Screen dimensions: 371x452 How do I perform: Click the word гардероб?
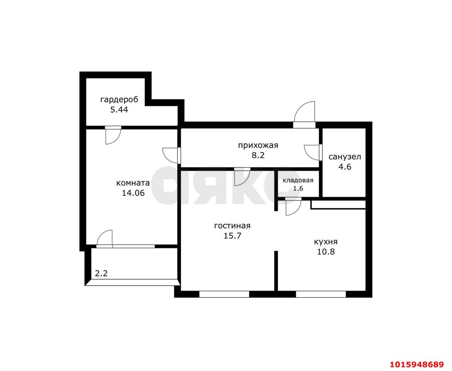119,100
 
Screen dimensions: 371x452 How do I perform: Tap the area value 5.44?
119,110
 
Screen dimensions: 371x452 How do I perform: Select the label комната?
133,183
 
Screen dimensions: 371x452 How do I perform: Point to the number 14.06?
133,193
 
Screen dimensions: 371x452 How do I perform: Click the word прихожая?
258,145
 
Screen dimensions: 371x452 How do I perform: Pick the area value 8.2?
258,155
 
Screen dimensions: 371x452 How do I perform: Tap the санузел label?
345,157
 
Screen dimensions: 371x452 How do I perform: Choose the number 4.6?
345,167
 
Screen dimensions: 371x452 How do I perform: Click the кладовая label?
298,180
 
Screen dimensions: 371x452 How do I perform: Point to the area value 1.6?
298,188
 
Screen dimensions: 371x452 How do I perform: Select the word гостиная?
232,226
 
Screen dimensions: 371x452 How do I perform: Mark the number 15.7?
232,236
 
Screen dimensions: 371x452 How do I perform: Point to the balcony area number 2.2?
101,273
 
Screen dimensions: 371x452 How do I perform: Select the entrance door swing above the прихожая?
304,112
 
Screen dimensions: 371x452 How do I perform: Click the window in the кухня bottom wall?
321,294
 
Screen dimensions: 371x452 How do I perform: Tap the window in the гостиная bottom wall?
224,294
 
